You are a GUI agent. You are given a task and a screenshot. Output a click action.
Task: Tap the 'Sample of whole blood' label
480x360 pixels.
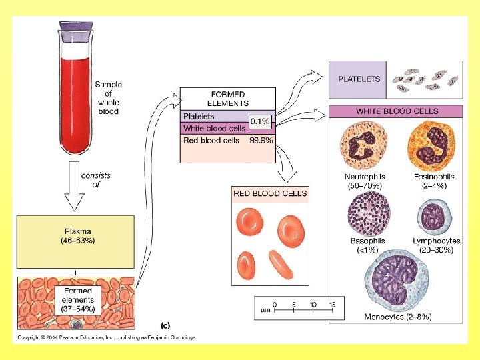pyautogui.click(x=108, y=98)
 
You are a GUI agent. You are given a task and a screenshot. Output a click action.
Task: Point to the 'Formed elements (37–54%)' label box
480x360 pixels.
pyautogui.click(x=79, y=299)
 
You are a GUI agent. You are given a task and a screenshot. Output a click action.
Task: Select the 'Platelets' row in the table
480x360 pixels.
pyautogui.click(x=199, y=117)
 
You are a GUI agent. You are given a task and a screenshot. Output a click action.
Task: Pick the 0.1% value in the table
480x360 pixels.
pyautogui.click(x=259, y=121)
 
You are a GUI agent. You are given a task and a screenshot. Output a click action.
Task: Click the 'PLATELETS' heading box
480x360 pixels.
pyautogui.click(x=359, y=79)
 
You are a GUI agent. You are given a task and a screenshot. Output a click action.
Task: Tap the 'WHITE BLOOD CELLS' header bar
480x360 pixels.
pyautogui.click(x=397, y=111)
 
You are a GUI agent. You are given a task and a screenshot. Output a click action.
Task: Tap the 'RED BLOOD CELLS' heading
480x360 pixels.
pyautogui.click(x=270, y=193)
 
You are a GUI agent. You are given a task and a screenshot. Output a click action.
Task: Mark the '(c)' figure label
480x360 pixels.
pyautogui.click(x=165, y=325)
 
